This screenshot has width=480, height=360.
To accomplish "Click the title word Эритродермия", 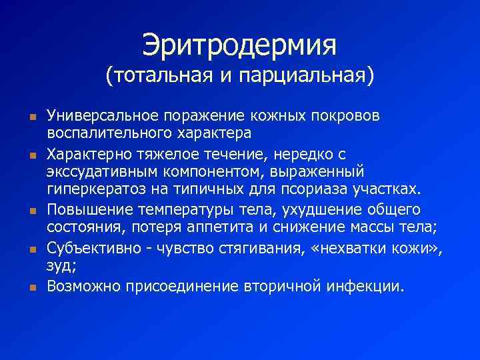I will point(239,46).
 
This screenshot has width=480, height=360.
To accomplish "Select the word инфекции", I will point(366,287).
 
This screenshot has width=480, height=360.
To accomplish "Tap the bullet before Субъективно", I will point(31,250).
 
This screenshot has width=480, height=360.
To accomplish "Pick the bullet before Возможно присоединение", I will point(31,289).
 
